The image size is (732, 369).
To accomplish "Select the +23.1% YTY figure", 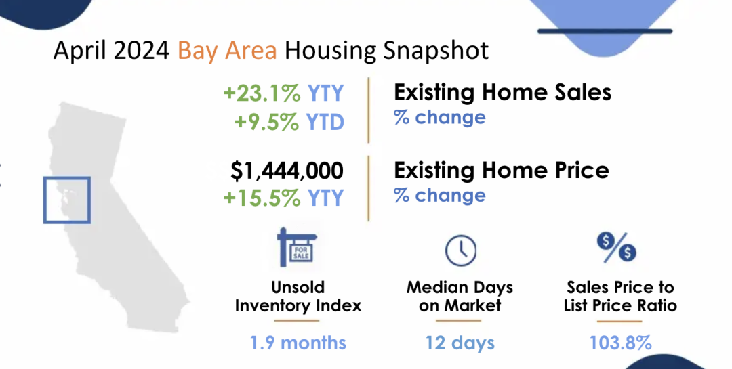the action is (x=284, y=93).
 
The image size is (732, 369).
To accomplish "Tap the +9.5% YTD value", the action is (x=289, y=122).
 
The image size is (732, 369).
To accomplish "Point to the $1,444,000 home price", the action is (x=287, y=171).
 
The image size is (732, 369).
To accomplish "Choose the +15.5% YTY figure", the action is (x=284, y=198).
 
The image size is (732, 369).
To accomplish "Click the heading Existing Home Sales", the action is (x=502, y=92).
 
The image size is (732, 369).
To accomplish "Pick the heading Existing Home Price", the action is (x=502, y=170).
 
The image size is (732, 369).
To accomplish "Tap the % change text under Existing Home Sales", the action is (x=439, y=117).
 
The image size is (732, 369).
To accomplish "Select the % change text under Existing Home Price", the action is (x=439, y=195).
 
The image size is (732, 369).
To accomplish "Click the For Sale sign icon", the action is (x=297, y=246).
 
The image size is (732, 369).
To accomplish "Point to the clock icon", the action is (x=461, y=251).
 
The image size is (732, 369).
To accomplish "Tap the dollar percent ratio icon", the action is (x=616, y=246).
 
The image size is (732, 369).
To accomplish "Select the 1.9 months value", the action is (x=298, y=343).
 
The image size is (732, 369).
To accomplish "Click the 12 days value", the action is (x=460, y=343).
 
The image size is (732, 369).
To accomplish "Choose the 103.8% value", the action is (x=620, y=343).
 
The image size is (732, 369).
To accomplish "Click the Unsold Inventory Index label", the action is (x=298, y=297).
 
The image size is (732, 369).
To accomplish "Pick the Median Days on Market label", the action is (x=460, y=297).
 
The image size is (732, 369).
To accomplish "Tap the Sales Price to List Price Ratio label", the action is (x=620, y=297).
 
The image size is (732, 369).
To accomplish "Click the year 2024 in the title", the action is (x=141, y=50).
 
